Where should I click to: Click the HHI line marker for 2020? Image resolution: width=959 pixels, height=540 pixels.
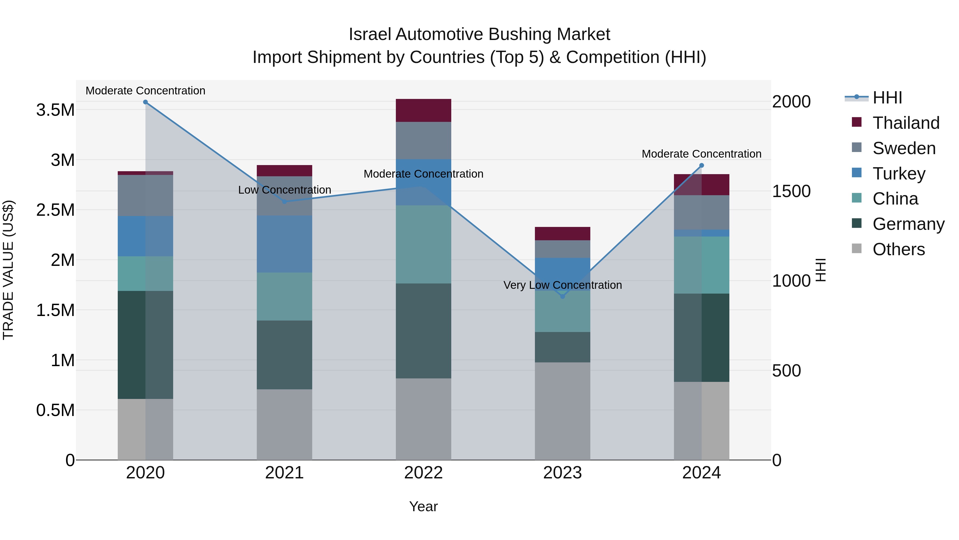coord(145,102)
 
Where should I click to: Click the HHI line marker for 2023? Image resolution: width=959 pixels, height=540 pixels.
coord(563,296)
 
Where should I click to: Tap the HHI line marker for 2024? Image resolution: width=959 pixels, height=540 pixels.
coord(701,165)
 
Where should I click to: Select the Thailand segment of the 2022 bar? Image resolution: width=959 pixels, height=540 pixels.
coord(423,110)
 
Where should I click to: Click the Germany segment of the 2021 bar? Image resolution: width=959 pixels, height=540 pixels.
coord(285,355)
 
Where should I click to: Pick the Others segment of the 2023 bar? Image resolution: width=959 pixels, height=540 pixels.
coord(563,411)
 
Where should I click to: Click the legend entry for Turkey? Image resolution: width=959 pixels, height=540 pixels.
coord(899,174)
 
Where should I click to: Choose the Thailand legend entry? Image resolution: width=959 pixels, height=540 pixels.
coord(906,123)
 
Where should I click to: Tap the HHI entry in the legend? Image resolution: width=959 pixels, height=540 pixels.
coord(887,98)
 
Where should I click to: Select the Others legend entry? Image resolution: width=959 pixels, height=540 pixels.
coord(898,249)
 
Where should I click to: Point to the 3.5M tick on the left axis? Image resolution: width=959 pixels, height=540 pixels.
coord(55,110)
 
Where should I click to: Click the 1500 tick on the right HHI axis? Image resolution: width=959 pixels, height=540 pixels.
coord(791,191)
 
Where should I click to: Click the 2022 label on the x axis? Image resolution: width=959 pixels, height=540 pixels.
coord(423,473)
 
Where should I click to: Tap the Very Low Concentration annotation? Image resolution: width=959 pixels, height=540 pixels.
coord(563,285)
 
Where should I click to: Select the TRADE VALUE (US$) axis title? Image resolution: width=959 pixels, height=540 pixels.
coord(8,270)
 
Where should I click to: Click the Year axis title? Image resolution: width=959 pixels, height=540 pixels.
coord(423,506)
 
